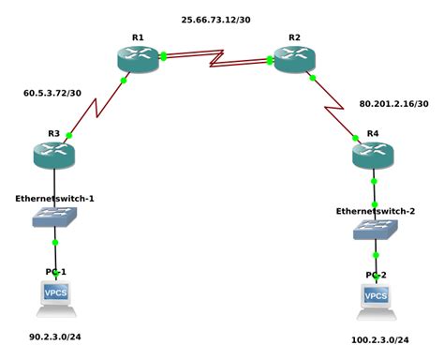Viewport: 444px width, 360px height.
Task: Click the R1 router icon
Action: tap(138, 59)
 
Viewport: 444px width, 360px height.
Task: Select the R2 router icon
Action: tap(294, 59)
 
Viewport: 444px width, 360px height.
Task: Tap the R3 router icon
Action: tap(53, 155)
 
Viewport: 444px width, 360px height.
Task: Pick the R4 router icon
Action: tap(373, 155)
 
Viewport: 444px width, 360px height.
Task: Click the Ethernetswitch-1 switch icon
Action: tap(53, 217)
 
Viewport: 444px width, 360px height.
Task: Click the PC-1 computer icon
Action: tap(55, 296)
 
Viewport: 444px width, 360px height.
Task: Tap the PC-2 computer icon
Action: tap(376, 299)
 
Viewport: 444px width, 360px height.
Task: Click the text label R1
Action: tap(138, 37)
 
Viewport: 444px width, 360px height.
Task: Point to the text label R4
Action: tap(373, 133)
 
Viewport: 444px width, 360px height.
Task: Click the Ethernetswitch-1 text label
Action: tap(54, 199)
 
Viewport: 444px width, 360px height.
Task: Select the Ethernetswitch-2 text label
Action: tap(375, 211)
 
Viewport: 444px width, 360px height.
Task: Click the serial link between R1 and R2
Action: tap(216, 59)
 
